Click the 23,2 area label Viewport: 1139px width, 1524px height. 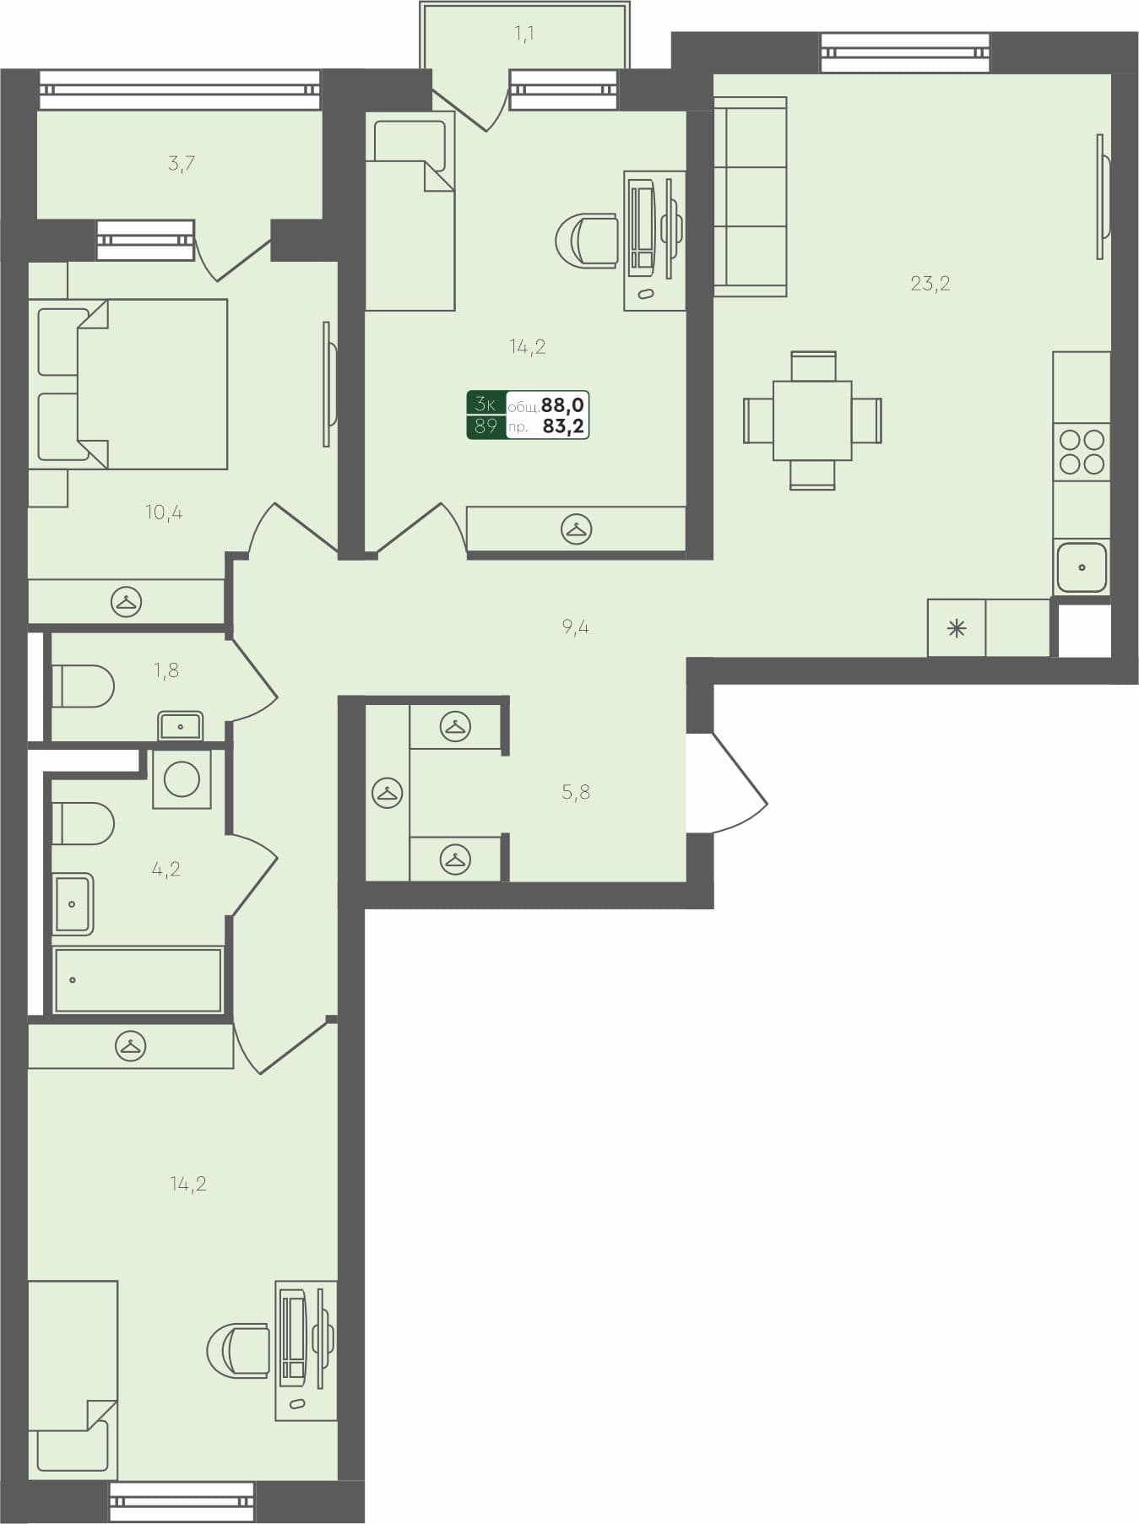pos(930,284)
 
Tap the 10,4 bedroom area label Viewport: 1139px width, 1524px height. pos(164,513)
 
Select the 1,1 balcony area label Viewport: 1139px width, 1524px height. pos(523,34)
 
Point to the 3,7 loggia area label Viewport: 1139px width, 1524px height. pos(182,163)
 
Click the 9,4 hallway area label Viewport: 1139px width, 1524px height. pos(575,626)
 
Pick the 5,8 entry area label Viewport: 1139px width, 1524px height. pos(575,792)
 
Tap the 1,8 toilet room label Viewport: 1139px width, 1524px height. pos(166,670)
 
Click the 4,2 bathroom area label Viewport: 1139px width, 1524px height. pos(166,869)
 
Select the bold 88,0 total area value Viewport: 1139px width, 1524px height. pos(563,405)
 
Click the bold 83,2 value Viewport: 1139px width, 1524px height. pos(563,426)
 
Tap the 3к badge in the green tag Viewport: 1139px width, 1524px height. pos(485,404)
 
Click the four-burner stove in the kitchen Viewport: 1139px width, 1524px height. pos(1082,452)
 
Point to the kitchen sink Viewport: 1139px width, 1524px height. pos(1082,567)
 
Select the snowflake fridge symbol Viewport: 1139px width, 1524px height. pos(956,628)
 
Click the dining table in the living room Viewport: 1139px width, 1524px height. pos(812,420)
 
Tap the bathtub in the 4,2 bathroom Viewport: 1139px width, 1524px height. pos(138,980)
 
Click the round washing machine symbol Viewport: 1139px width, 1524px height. pos(182,779)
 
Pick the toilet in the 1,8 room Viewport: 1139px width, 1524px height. pos(83,686)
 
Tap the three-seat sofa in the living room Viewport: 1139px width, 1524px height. pos(750,197)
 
